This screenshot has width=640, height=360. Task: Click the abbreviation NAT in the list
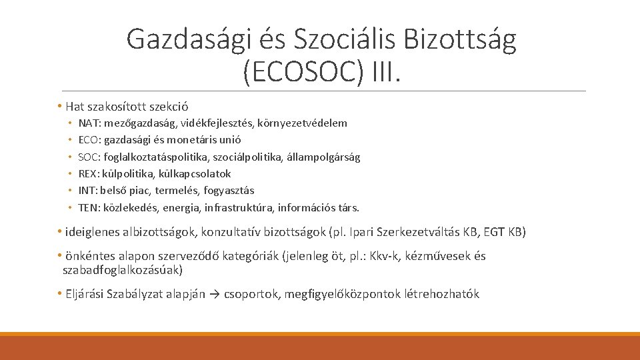[87, 123]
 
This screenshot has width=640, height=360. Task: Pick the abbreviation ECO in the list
[88, 140]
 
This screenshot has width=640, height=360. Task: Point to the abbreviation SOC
[88, 157]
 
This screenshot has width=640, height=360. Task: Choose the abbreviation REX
[87, 173]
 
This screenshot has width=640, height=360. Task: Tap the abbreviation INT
[87, 190]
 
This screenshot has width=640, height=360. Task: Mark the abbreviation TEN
[87, 207]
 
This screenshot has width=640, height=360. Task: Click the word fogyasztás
[229, 190]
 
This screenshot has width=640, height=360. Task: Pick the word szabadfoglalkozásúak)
[122, 270]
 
